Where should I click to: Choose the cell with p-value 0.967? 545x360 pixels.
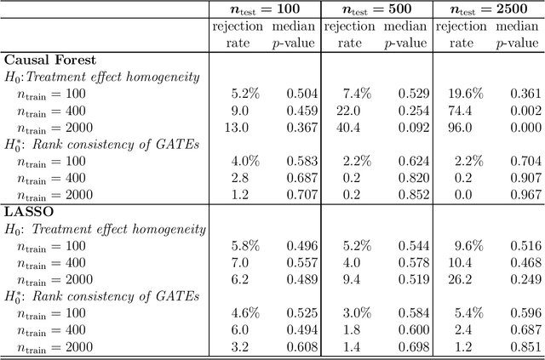click(525, 195)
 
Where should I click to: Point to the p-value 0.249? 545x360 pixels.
click(525, 280)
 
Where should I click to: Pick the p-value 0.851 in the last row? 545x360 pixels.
click(525, 347)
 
